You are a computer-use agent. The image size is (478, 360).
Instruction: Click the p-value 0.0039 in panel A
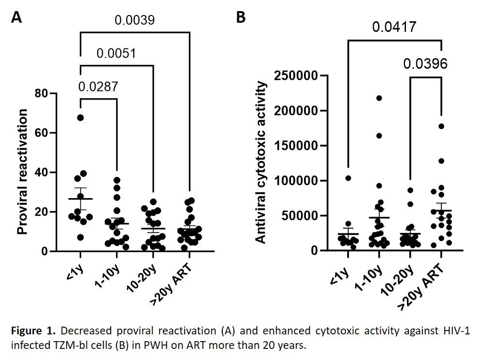(x=135, y=20)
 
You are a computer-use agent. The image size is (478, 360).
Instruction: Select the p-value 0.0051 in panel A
(x=116, y=53)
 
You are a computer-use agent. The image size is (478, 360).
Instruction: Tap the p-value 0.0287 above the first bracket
(x=98, y=86)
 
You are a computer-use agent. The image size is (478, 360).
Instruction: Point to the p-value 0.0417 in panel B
(x=394, y=27)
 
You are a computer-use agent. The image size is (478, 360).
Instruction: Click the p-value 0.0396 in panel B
(x=425, y=64)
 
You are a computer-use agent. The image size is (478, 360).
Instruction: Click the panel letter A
(x=16, y=17)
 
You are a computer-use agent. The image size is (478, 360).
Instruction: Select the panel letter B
(x=241, y=17)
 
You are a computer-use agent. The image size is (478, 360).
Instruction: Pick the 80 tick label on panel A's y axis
(x=41, y=93)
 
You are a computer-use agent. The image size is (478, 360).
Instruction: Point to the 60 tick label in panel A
(x=41, y=133)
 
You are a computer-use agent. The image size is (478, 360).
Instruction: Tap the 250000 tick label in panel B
(x=296, y=75)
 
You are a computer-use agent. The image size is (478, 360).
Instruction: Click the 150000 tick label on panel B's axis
(x=296, y=146)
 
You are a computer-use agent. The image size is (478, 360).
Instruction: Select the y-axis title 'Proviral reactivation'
(x=22, y=172)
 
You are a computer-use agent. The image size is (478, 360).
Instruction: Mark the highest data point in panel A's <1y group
(x=80, y=117)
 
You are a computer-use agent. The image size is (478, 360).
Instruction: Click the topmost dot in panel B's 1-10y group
(x=379, y=98)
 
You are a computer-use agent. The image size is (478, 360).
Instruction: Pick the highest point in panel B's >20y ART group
(x=441, y=126)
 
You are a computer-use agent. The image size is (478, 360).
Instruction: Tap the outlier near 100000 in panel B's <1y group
(x=348, y=178)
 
